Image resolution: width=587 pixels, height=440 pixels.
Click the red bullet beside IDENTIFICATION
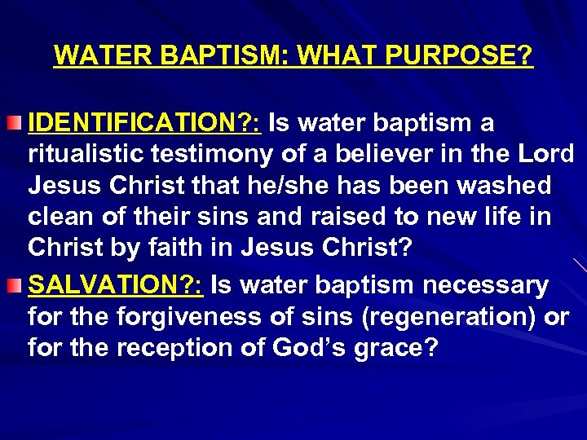(17, 123)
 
